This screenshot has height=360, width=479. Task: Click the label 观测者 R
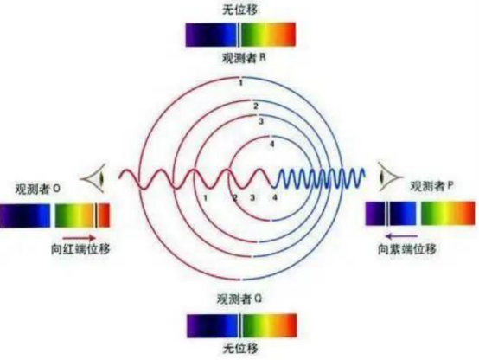(244, 57)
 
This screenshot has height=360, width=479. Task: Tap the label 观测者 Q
(239, 299)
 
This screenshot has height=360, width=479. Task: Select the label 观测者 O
(37, 190)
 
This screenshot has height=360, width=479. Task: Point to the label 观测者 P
(431, 186)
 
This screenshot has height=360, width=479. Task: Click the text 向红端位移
(80, 249)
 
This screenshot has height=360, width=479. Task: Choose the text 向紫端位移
(407, 249)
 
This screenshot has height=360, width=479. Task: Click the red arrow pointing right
(80, 238)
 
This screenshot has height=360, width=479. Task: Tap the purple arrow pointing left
(401, 236)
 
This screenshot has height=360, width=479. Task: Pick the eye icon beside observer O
(93, 178)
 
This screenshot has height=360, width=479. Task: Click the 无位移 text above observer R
(240, 10)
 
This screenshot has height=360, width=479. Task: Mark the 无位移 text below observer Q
(240, 349)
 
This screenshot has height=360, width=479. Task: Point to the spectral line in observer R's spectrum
(239, 35)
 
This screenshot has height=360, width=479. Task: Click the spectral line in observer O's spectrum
(96, 215)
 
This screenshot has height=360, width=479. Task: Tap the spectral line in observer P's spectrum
(386, 213)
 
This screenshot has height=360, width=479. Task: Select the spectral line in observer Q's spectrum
(240, 325)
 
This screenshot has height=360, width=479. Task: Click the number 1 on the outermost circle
(240, 82)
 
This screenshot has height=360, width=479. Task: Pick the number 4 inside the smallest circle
(271, 144)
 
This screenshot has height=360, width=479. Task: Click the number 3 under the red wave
(252, 197)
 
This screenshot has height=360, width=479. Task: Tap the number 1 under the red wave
(205, 198)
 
